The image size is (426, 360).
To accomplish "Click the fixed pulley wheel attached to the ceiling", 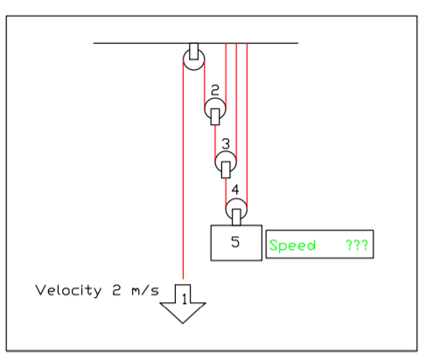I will coord(193,62).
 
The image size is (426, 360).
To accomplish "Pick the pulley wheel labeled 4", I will coord(236,209).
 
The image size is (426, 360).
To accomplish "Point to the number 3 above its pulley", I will coord(226,142).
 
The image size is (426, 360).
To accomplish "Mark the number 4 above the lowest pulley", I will coord(235,190).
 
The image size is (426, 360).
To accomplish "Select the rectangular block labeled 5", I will coord(235,242).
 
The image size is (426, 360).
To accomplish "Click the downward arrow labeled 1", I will coord(184,302).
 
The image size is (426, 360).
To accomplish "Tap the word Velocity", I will coord(65,290).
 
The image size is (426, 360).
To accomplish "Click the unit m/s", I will coord(142,290).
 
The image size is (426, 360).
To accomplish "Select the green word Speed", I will coord(292,246).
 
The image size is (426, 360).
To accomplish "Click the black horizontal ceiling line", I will coord(131,42).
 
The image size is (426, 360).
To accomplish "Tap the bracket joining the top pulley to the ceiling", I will coord(193,49).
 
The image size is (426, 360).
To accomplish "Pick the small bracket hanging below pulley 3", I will coord(227,169).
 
